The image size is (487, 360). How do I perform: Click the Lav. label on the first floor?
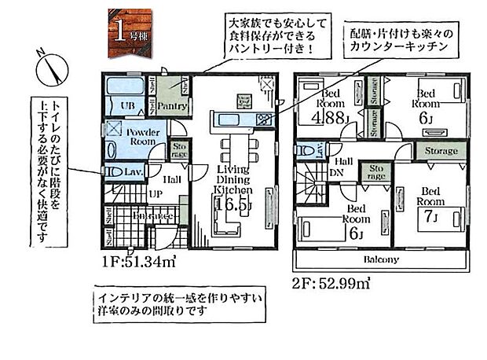point(134,172)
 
